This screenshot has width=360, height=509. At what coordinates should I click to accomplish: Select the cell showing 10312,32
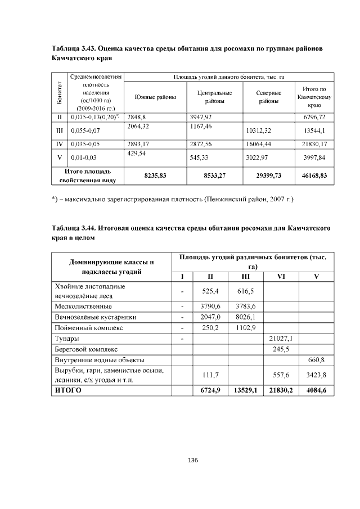(259, 130)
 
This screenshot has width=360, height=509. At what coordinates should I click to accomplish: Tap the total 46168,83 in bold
(314, 175)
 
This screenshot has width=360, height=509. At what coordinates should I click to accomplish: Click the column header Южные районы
(155, 97)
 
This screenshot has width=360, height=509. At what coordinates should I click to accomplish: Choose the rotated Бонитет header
(59, 93)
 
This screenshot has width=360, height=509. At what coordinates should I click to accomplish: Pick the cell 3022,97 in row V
(257, 157)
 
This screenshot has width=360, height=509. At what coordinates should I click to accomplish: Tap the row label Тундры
(67, 339)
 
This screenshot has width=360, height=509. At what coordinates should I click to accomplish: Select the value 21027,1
(281, 339)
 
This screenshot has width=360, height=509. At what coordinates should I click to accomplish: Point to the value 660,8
(316, 359)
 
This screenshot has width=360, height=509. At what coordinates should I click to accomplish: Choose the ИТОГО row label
(68, 389)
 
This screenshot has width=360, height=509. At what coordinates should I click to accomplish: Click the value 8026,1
(245, 317)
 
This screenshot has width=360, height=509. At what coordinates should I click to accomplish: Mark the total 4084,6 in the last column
(316, 389)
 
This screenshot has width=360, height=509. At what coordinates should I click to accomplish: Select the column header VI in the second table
(281, 276)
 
